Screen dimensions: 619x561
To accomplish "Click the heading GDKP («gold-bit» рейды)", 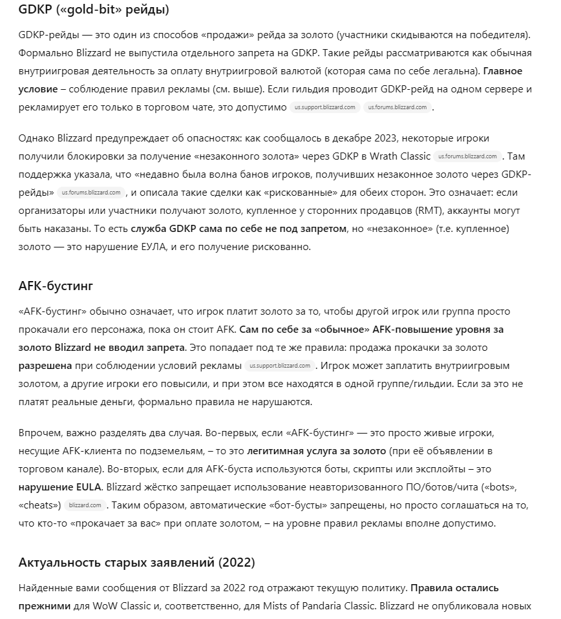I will (x=94, y=10).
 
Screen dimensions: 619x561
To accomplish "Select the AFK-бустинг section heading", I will (x=58, y=286).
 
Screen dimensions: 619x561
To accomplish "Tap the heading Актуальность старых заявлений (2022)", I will (x=136, y=562).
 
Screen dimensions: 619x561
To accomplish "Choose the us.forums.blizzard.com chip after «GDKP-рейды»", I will (x=91, y=192).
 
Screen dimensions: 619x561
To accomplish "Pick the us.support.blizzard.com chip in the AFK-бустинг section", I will (x=280, y=366).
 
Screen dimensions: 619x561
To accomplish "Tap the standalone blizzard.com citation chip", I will (x=85, y=505).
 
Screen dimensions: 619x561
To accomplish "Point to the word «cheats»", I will (x=40, y=504).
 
